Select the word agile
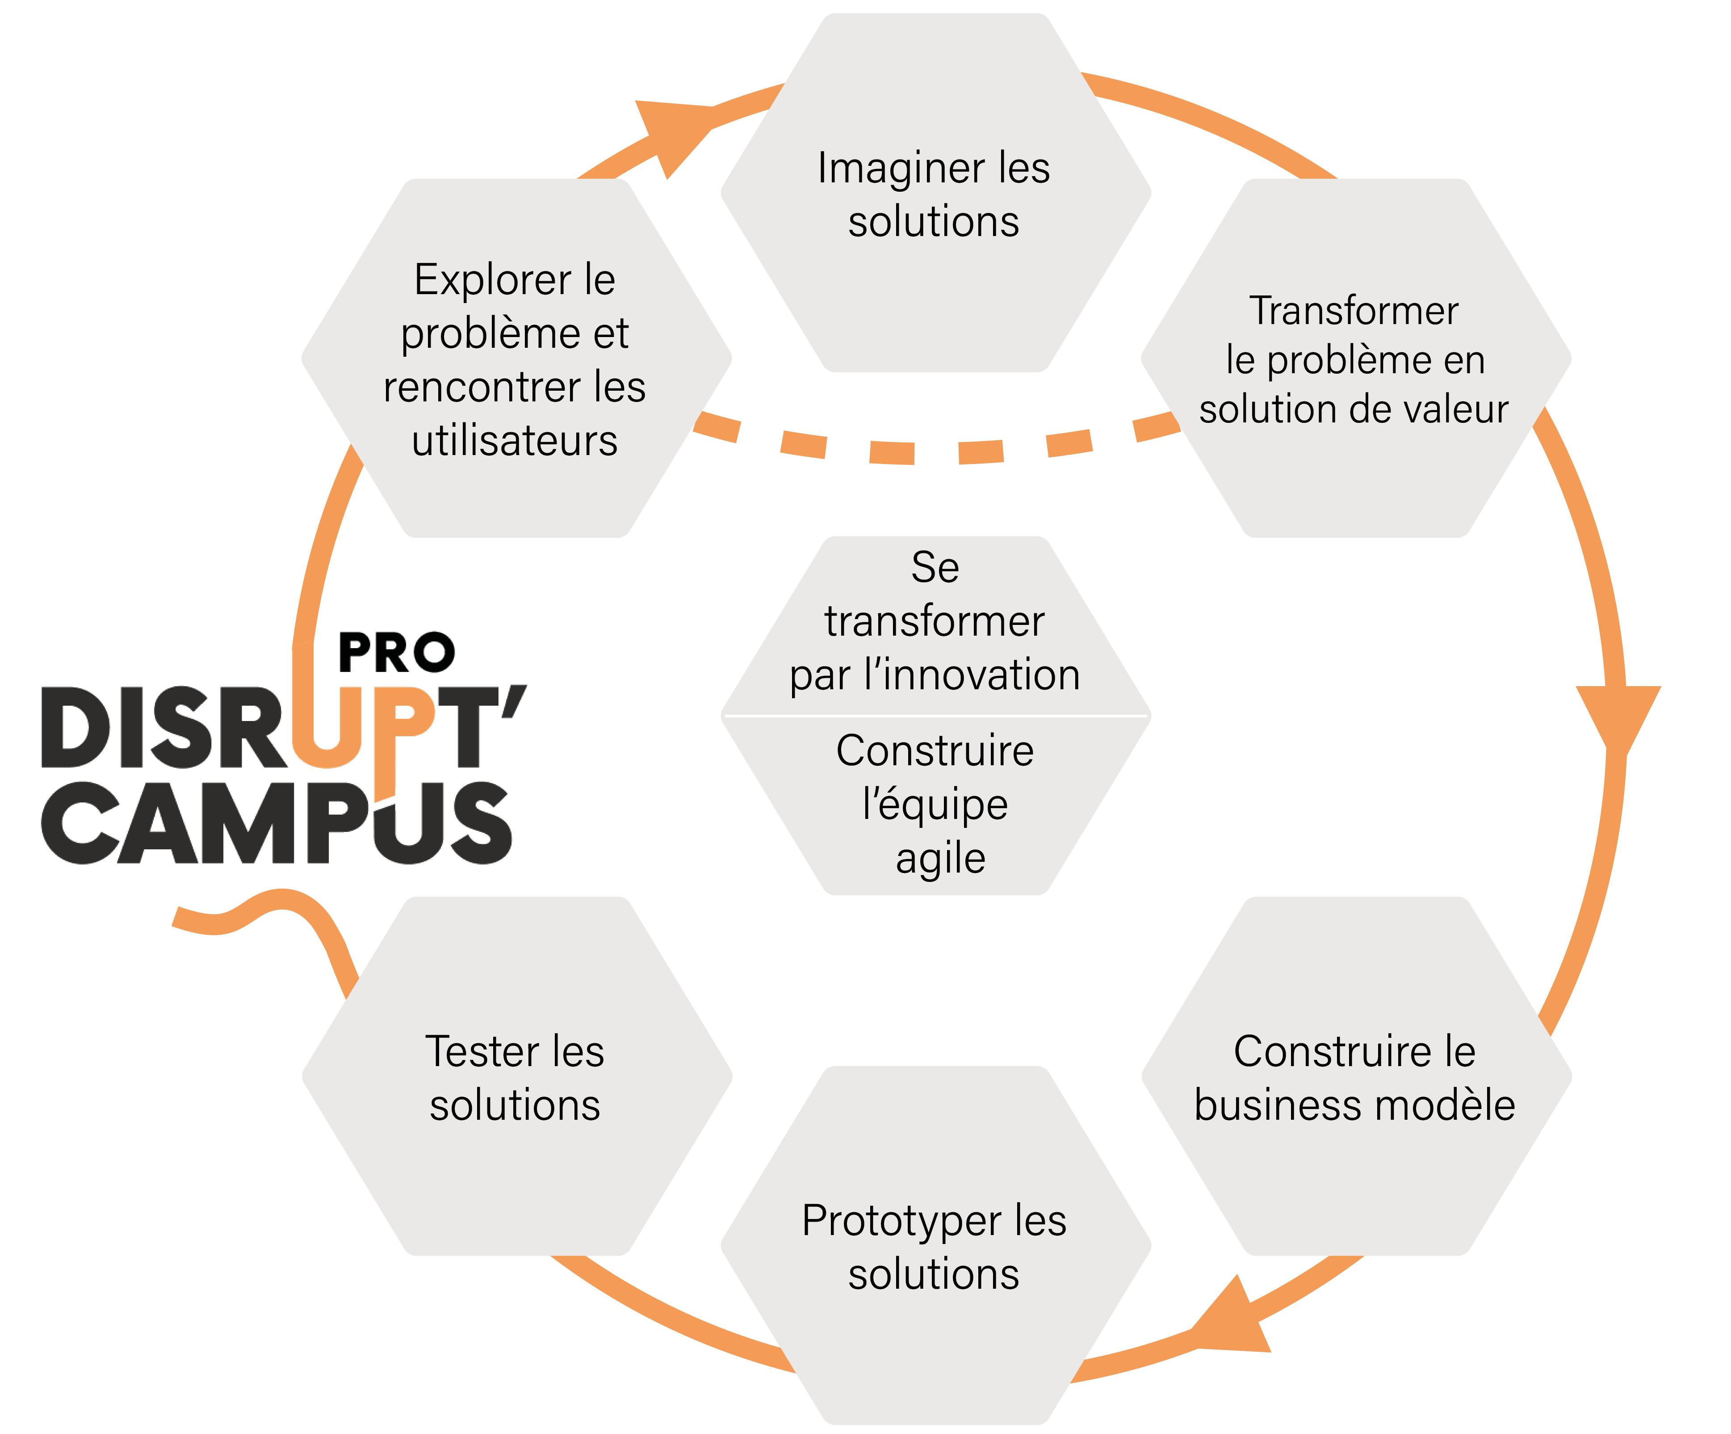(x=940, y=858)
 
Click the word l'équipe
(x=935, y=804)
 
